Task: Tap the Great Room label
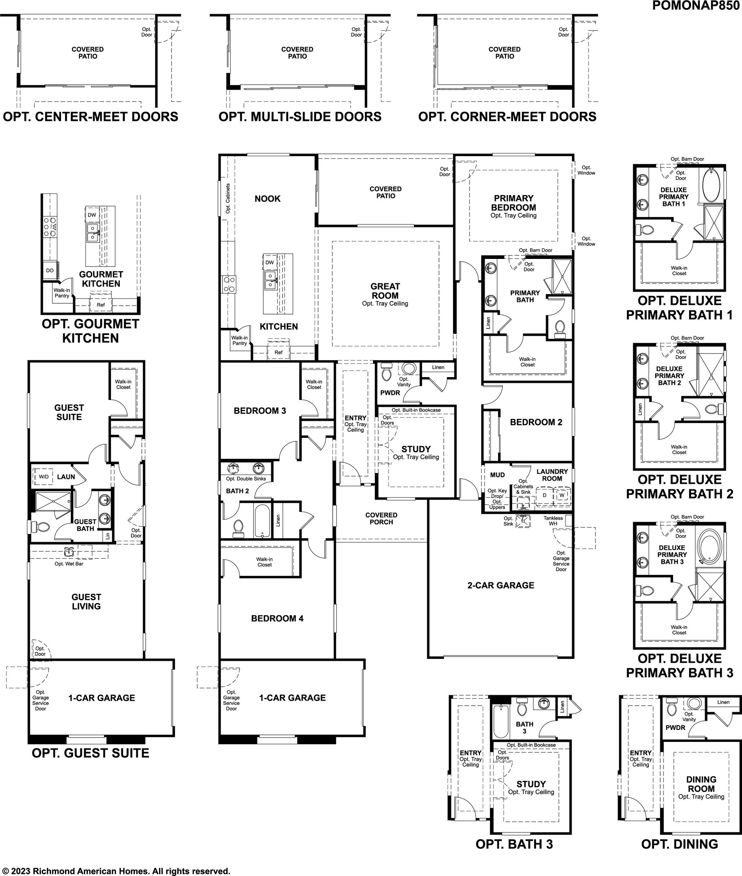[x=385, y=291]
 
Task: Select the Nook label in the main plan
[x=267, y=199]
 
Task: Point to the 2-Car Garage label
[x=500, y=585]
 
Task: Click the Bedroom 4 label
[x=277, y=618]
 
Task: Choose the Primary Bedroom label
[x=514, y=203]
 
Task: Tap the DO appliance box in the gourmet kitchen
[x=49, y=270]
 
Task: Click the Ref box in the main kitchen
[x=279, y=352]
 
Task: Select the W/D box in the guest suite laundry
[x=44, y=476]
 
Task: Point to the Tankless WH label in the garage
[x=553, y=520]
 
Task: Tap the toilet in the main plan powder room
[x=386, y=372]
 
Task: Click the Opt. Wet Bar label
[x=69, y=563]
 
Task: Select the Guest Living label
[x=86, y=601]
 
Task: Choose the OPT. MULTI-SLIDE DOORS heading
[x=300, y=116]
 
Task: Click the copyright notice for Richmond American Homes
[x=116, y=867]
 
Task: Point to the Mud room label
[x=497, y=475]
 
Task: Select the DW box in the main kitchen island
[x=270, y=262]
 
